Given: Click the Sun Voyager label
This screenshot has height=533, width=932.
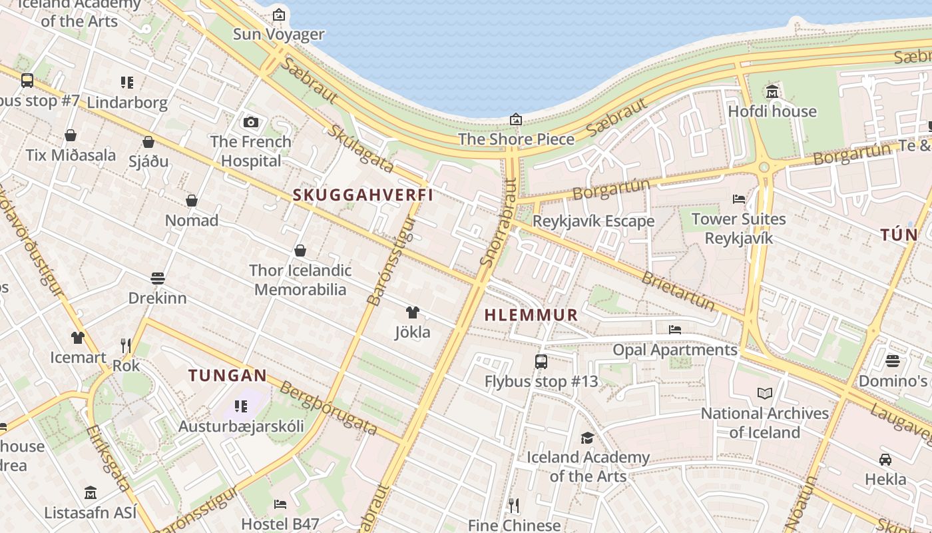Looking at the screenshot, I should (278, 34).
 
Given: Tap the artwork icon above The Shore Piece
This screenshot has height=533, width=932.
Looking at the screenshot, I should (516, 119).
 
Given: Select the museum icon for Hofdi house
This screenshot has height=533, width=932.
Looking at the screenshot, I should (772, 91).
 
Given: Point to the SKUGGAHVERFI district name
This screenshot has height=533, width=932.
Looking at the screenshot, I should (363, 195).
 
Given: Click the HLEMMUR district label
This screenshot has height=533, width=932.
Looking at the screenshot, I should (531, 315).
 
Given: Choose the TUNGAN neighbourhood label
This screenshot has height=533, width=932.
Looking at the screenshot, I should (228, 376).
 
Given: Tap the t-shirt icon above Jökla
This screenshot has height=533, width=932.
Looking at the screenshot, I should (412, 312).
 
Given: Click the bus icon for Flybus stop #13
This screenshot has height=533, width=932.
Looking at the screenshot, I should (541, 362).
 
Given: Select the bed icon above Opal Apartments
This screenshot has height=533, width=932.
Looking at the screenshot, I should (675, 329).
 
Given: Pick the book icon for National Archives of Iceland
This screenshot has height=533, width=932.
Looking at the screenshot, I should (765, 394).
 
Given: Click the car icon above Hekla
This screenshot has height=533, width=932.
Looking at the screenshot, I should (885, 460).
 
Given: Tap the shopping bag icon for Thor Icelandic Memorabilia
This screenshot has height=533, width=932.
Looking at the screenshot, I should (300, 251).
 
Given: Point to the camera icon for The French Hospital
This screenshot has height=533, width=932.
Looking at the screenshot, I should (251, 122).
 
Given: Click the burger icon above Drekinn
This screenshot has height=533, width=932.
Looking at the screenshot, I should (158, 278).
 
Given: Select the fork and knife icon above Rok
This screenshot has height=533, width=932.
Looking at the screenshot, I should (126, 345).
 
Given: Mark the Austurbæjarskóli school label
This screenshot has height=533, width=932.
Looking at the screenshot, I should (241, 426).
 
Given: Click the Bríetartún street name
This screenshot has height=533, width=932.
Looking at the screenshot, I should (678, 291).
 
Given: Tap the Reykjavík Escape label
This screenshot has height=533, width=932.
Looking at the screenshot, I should (594, 221).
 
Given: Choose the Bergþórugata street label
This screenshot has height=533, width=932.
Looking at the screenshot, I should (328, 408).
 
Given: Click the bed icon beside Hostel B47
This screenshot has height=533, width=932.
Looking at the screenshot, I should (280, 504).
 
